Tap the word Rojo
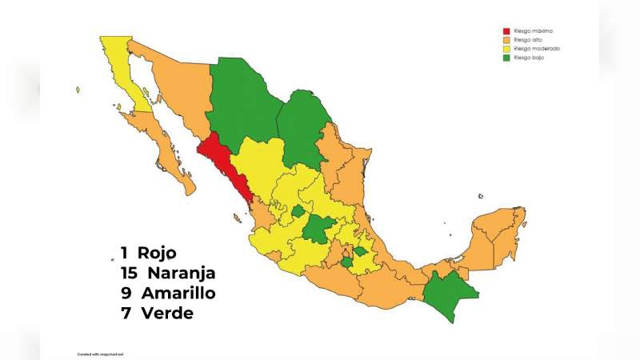tap(157, 253)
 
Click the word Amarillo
tap(178, 293)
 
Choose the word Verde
tap(166, 313)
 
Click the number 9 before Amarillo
tap(126, 293)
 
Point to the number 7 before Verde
tap(126, 313)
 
